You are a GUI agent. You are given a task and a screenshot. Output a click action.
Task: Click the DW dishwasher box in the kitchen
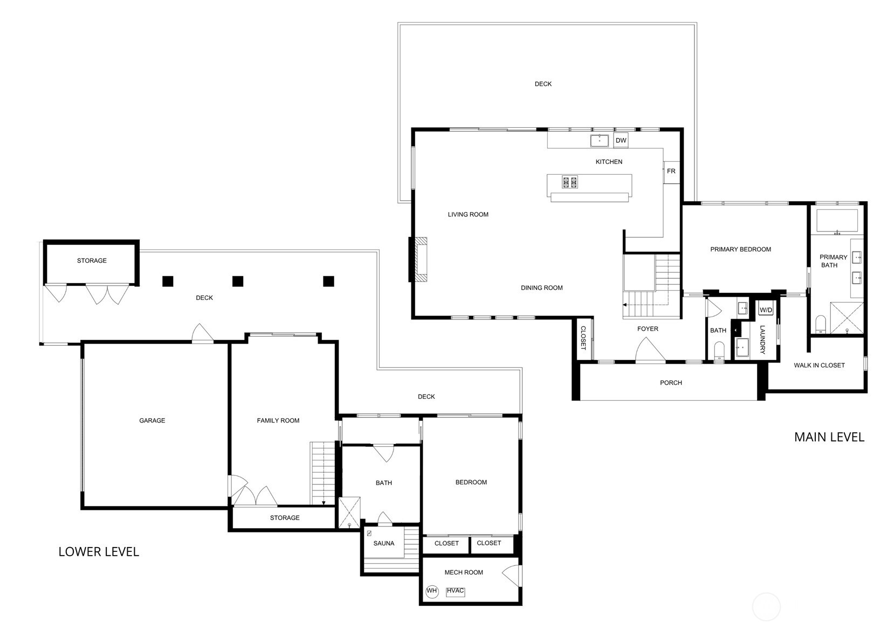pos(621,140)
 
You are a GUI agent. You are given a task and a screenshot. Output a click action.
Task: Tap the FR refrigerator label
pos(671,171)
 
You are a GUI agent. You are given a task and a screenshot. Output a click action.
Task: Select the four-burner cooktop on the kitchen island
pos(570,182)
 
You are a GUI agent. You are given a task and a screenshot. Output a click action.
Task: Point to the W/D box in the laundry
pos(766,310)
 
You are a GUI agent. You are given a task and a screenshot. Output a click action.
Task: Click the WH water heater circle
pos(432,591)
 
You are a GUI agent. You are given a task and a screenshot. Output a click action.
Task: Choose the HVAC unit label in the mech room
pos(455,591)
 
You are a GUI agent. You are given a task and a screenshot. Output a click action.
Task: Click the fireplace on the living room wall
pos(421,260)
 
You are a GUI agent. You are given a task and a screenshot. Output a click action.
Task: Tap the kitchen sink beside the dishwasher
pos(600,140)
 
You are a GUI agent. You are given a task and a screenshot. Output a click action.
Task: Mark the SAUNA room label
pos(384,543)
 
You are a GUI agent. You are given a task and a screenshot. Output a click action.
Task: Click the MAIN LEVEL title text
pos(829,437)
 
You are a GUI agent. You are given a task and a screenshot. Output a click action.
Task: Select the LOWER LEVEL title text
pos(99,552)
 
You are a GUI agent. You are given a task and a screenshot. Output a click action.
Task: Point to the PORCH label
pos(671,383)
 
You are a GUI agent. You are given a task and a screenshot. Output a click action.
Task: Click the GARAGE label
pos(152,420)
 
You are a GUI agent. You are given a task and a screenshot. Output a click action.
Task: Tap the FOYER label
pos(648,329)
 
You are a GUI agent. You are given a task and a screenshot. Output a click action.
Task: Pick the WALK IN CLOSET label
pos(820,365)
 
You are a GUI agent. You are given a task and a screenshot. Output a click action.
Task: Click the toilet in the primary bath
pos(821,324)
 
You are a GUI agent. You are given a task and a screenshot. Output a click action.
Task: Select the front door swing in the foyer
pos(651,349)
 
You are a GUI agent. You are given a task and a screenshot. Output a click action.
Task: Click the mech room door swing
pos(511,576)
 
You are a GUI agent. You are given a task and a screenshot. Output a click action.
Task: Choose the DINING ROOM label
pos(542,288)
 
